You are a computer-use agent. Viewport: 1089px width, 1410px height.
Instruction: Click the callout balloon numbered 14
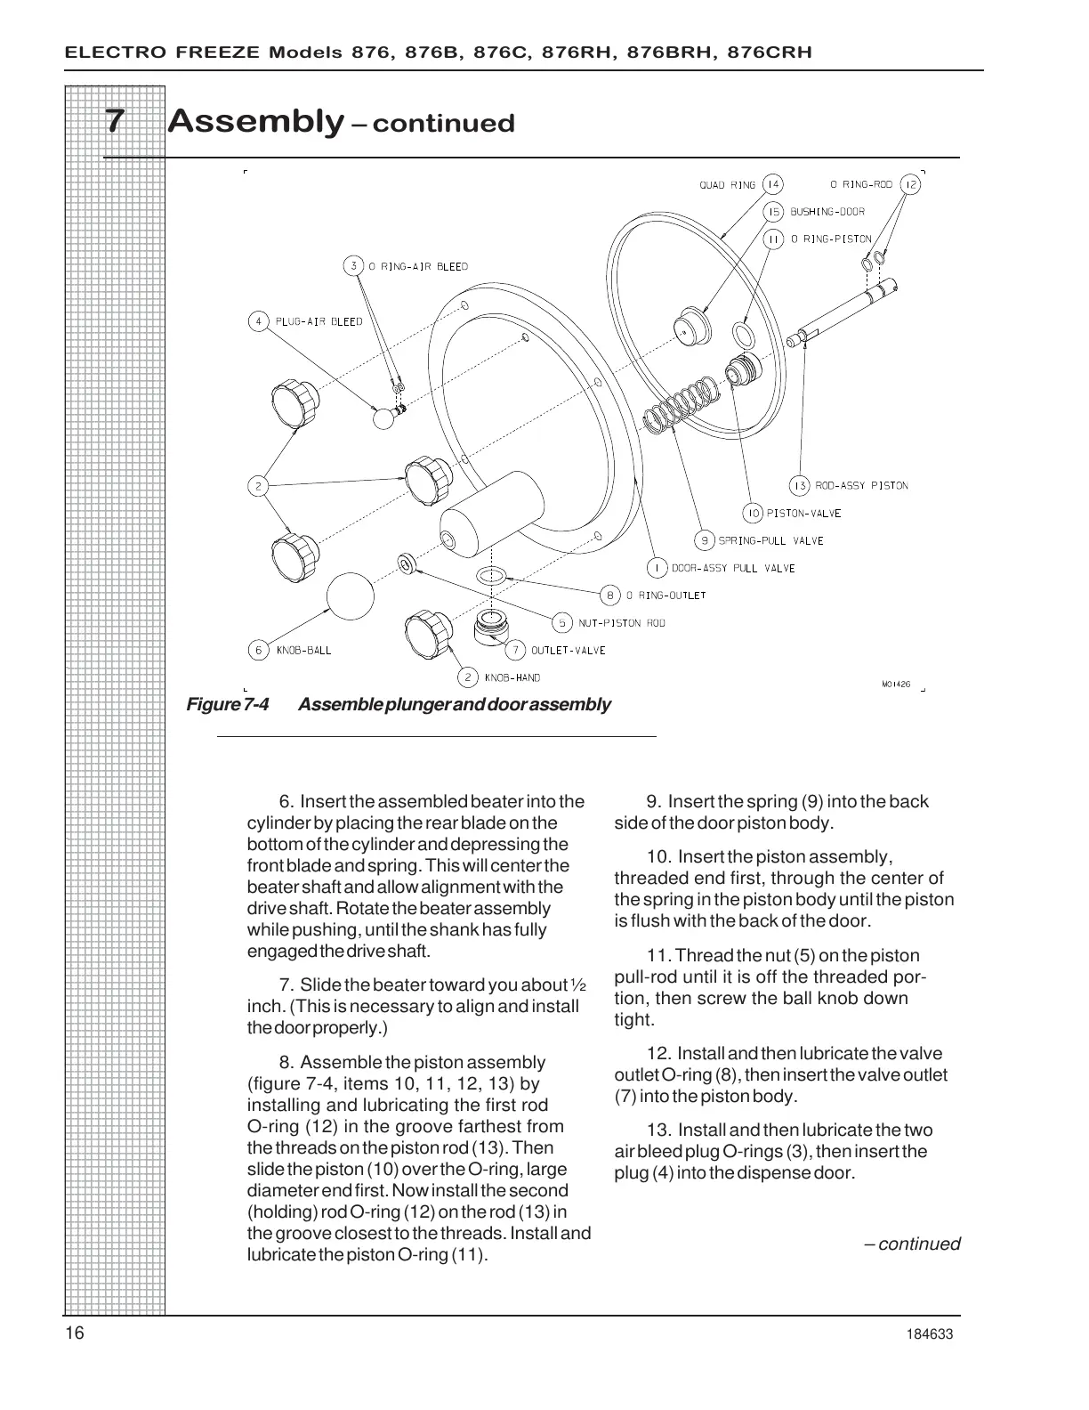pyautogui.click(x=772, y=184)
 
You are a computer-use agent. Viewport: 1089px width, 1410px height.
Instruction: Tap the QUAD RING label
pyautogui.click(x=727, y=185)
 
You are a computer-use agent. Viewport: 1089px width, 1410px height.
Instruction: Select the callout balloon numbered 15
pyautogui.click(x=774, y=212)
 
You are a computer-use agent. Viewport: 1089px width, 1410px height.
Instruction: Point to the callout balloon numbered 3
pyautogui.click(x=354, y=266)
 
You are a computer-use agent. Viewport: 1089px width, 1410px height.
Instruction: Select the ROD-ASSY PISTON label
pyautogui.click(x=861, y=486)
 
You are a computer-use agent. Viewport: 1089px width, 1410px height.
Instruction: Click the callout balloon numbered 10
pyautogui.click(x=753, y=513)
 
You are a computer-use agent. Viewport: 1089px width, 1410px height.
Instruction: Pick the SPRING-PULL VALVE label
pyautogui.click(x=770, y=540)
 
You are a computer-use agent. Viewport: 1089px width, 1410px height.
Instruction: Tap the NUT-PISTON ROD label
pyautogui.click(x=621, y=623)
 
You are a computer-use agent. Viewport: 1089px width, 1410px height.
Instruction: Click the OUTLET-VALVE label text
pyautogui.click(x=568, y=651)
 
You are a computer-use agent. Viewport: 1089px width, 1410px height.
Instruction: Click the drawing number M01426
pyautogui.click(x=895, y=684)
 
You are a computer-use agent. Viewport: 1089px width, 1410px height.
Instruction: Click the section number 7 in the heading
pyautogui.click(x=114, y=121)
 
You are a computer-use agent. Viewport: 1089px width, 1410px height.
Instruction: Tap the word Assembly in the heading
pyautogui.click(x=255, y=120)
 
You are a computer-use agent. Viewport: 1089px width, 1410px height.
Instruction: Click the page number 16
pyautogui.click(x=75, y=1333)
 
